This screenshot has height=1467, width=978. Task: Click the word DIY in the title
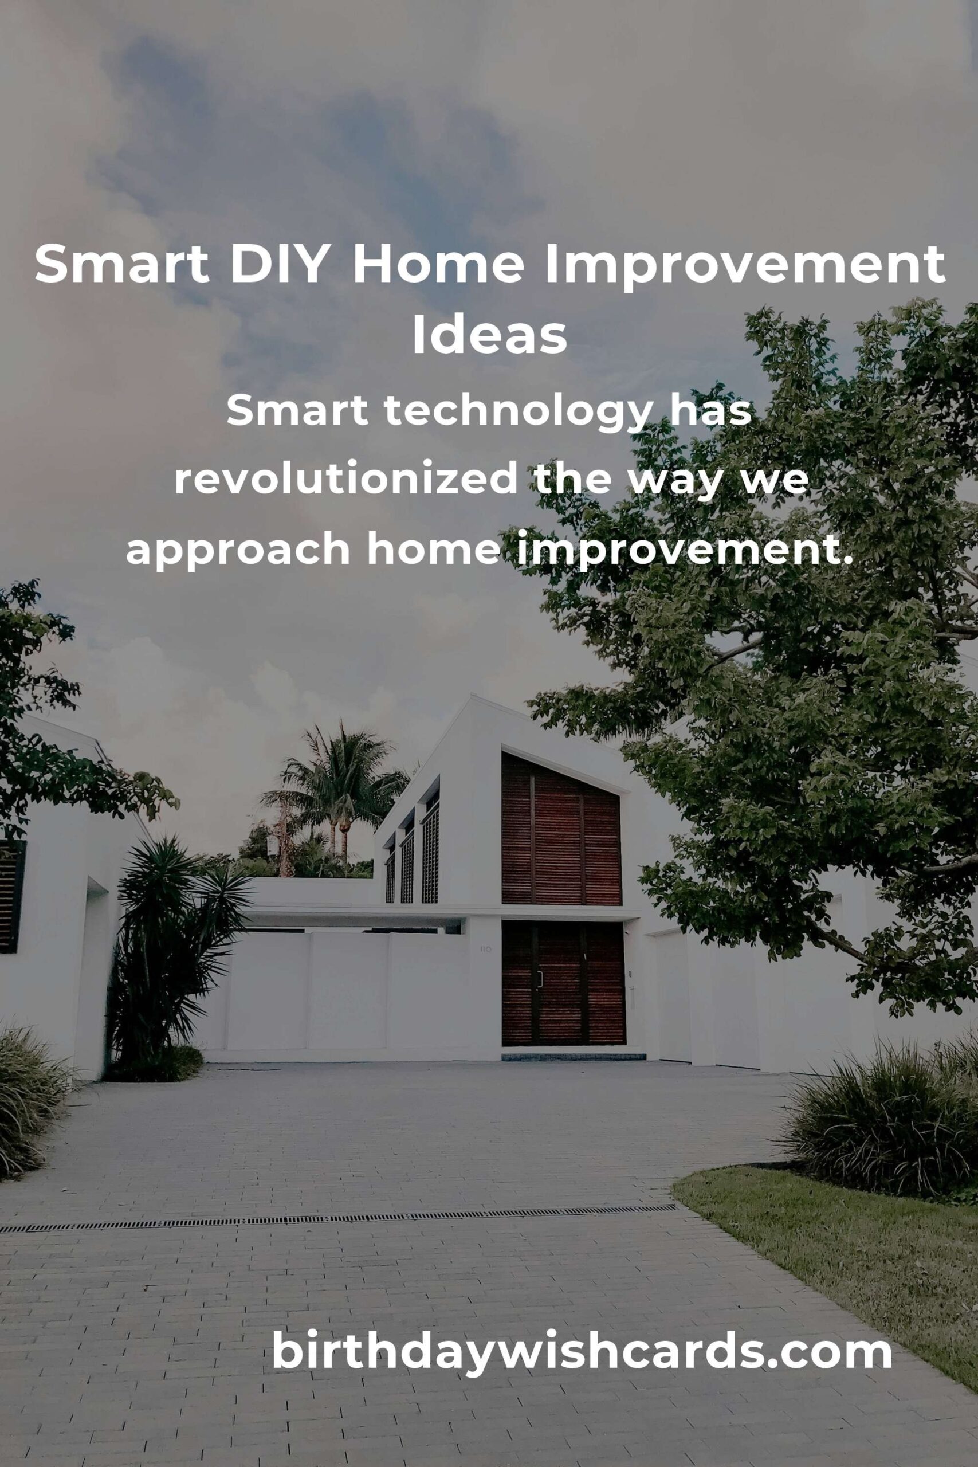(x=278, y=264)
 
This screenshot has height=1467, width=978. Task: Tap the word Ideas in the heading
(x=489, y=336)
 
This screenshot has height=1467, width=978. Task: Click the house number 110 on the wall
(x=486, y=950)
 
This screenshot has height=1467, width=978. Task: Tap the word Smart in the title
(x=121, y=264)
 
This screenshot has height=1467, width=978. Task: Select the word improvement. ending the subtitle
(x=684, y=551)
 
